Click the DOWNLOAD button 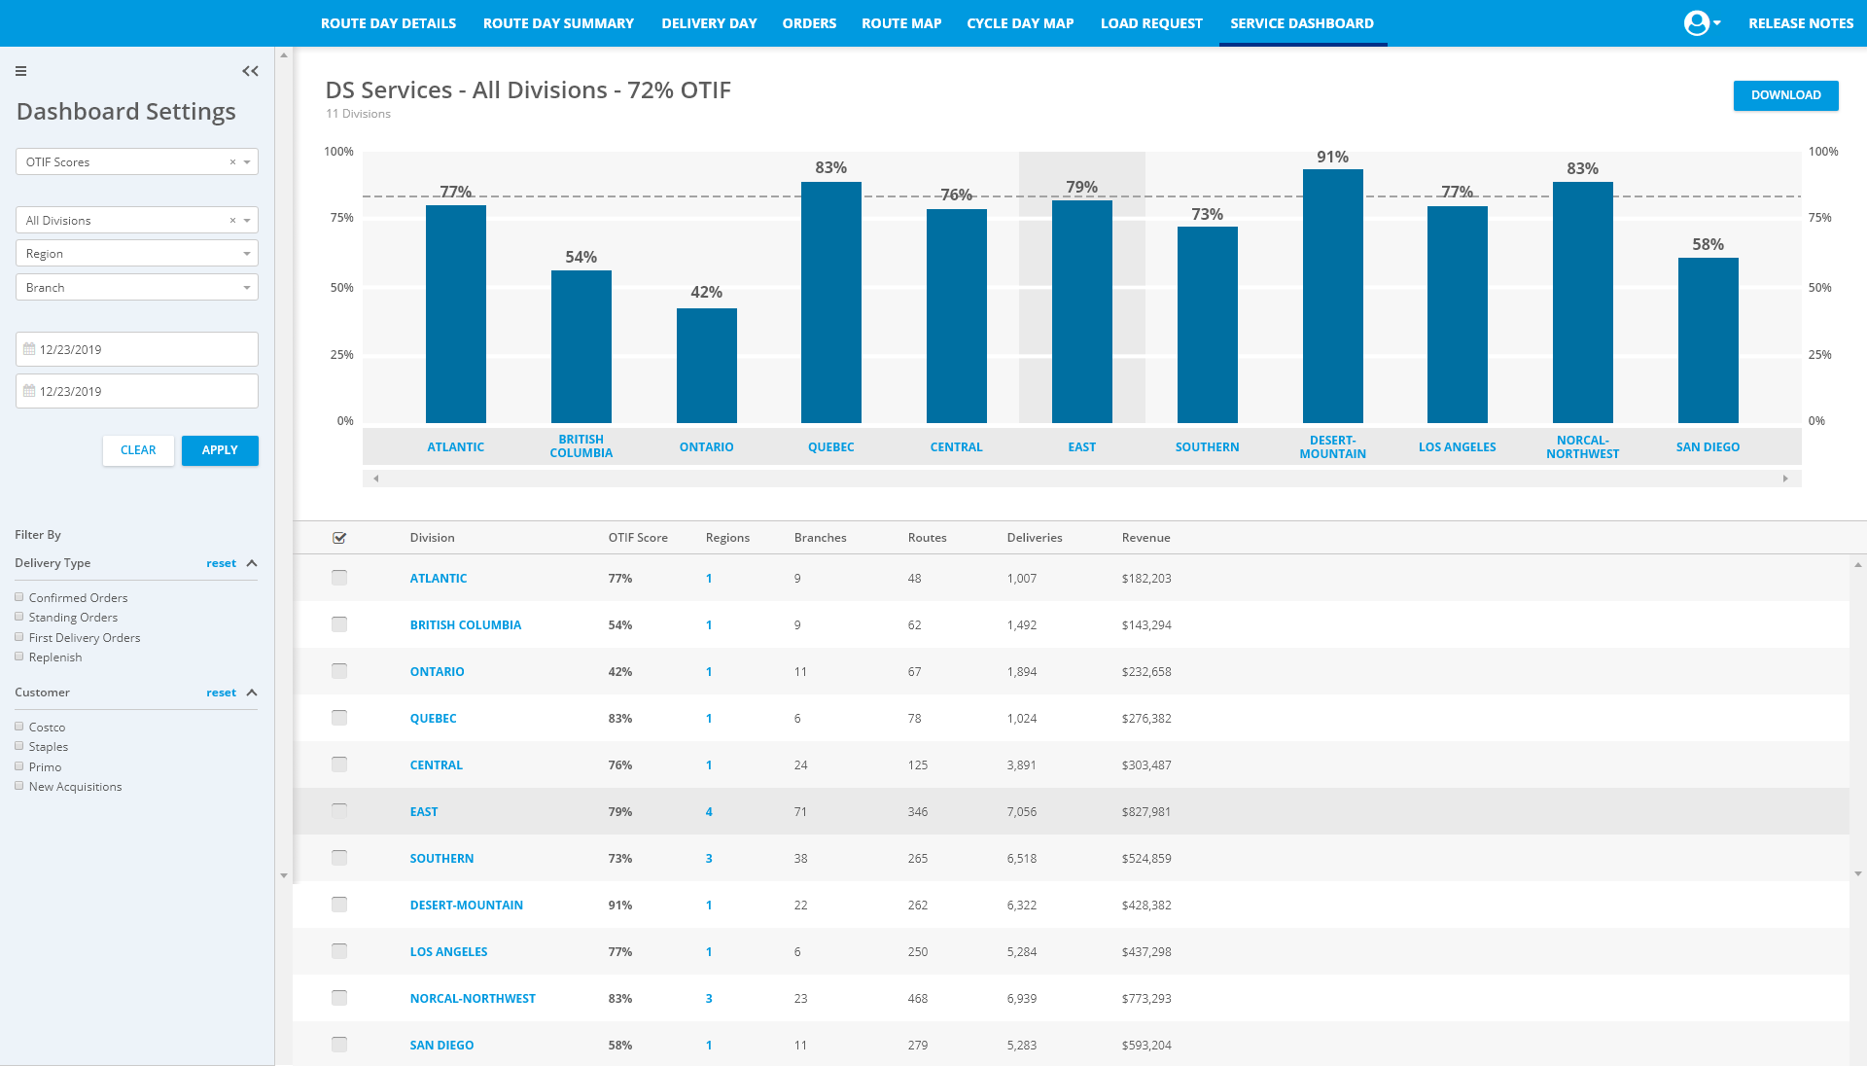[x=1785, y=95]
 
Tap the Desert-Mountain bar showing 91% [x=1332, y=296]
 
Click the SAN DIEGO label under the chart [x=1708, y=447]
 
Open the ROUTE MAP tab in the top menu [x=901, y=23]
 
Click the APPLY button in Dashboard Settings [x=220, y=450]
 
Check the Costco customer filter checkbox [x=19, y=727]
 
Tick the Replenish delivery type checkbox [x=19, y=657]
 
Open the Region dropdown [x=137, y=254]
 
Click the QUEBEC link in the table [x=433, y=719]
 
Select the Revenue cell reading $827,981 [x=1146, y=812]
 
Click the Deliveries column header [x=1035, y=538]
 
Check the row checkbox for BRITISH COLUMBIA [x=339, y=624]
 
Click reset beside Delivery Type [x=221, y=563]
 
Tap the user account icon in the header [x=1697, y=23]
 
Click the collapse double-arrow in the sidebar [x=250, y=71]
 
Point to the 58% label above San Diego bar [x=1708, y=244]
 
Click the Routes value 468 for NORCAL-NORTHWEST [x=918, y=999]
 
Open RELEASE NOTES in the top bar [x=1801, y=23]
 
